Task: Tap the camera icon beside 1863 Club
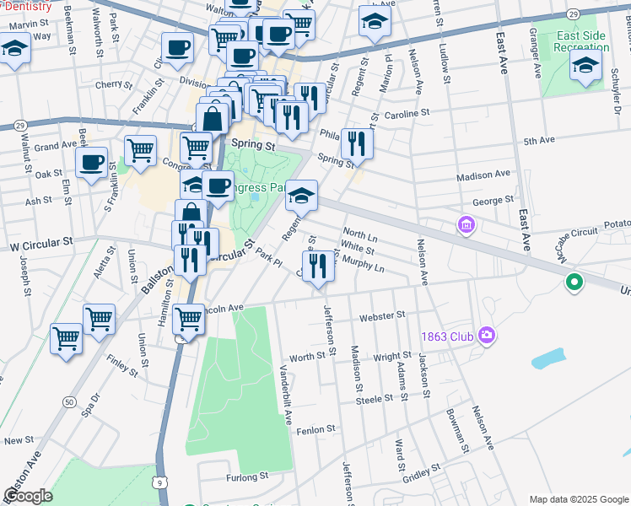click(x=486, y=336)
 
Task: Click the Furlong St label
click(x=246, y=476)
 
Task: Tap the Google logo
click(x=28, y=496)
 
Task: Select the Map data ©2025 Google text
click(x=579, y=499)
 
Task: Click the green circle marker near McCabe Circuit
click(x=574, y=283)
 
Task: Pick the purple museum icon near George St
click(x=466, y=225)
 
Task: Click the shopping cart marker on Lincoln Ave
click(x=188, y=320)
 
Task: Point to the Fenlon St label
click(x=316, y=430)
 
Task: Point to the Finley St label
click(x=122, y=365)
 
